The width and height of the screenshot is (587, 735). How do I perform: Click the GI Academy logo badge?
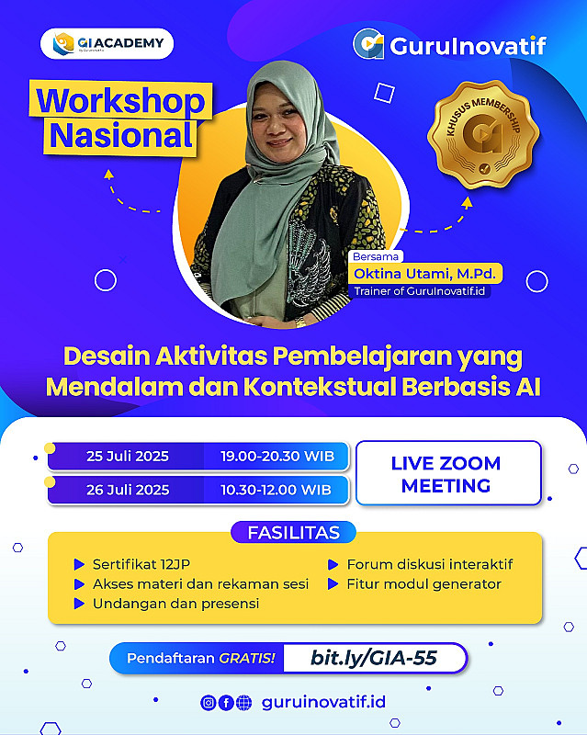click(107, 43)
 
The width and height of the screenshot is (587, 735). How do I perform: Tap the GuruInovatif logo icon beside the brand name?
click(368, 44)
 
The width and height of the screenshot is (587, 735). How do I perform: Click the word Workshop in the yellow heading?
click(121, 101)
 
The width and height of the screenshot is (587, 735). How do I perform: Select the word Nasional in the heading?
click(121, 135)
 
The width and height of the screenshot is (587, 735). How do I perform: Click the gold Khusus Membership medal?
click(483, 134)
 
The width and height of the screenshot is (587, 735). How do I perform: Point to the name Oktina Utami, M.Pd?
click(424, 273)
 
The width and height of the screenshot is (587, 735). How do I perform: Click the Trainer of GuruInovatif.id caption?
click(419, 291)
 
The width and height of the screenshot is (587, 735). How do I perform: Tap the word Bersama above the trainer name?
click(376, 256)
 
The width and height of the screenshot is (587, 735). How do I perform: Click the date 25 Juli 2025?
click(128, 456)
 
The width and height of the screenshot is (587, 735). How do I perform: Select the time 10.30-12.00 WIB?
click(277, 490)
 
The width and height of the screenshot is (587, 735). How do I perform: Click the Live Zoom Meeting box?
click(448, 473)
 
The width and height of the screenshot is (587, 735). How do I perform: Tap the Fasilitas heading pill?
click(294, 533)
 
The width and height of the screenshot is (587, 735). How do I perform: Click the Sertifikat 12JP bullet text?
click(141, 564)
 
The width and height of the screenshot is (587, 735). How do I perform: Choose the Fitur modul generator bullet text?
click(423, 584)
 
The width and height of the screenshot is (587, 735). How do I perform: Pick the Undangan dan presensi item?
click(175, 604)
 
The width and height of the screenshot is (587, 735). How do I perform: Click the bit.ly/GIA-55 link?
click(374, 658)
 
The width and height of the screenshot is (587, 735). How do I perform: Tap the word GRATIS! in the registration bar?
click(247, 658)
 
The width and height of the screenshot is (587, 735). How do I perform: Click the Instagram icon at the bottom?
click(209, 703)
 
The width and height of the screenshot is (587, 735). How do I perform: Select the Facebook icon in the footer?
click(226, 703)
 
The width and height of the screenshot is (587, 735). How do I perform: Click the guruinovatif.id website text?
click(323, 702)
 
